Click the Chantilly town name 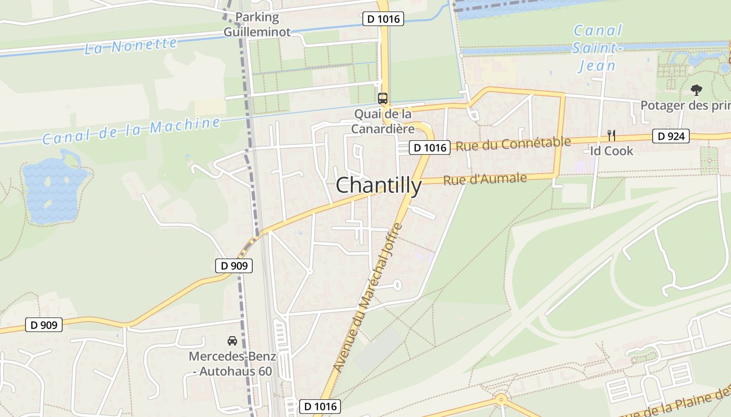(x=379, y=186)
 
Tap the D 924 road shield (x=670, y=137)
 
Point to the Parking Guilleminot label (x=257, y=24)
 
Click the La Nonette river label (x=131, y=45)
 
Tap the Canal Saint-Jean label (x=597, y=48)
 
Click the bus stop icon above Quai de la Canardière (x=383, y=98)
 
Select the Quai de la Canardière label (x=383, y=121)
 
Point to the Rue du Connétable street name (x=513, y=143)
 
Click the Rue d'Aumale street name (x=485, y=179)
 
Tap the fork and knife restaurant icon (x=611, y=136)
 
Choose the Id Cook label (x=611, y=151)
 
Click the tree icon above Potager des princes (x=696, y=90)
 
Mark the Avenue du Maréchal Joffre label (x=368, y=297)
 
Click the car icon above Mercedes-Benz (x=232, y=341)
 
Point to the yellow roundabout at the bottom (x=501, y=400)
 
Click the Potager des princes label (x=685, y=106)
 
